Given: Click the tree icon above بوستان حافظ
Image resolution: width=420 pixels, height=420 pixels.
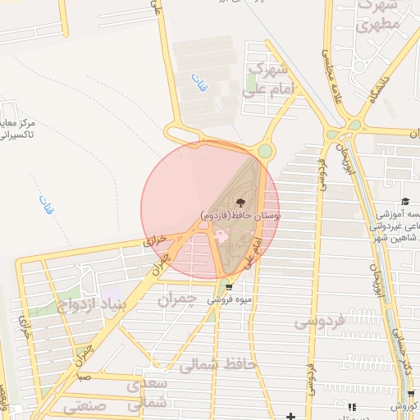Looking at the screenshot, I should [x=240, y=201].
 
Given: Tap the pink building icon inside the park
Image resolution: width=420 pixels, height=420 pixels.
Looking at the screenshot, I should [x=220, y=236].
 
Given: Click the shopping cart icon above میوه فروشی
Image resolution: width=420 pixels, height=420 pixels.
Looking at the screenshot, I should [x=229, y=287].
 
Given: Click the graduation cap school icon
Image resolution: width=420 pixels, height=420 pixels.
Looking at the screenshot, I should [x=405, y=202].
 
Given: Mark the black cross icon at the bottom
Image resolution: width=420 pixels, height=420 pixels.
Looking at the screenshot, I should [x=291, y=417].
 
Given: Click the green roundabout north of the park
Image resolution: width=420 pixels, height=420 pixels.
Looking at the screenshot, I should [x=264, y=151].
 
